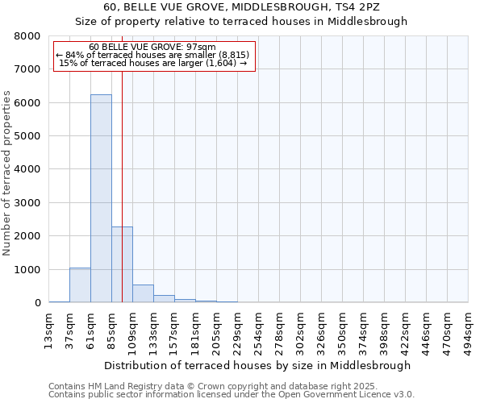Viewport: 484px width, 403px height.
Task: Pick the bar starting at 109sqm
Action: pyautogui.click(x=143, y=293)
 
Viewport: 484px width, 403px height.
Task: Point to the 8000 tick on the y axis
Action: pyautogui.click(x=27, y=36)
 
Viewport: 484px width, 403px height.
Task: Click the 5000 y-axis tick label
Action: pyautogui.click(x=27, y=136)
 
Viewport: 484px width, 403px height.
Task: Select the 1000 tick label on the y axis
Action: pyautogui.click(x=27, y=269)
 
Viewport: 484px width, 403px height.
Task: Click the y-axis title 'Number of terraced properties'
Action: pyautogui.click(x=7, y=172)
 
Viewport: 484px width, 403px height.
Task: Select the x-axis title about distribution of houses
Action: pyautogui.click(x=258, y=365)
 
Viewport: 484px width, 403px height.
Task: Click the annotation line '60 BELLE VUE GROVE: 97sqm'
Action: pyautogui.click(x=152, y=47)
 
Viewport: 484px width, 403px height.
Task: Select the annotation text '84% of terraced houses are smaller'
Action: pyautogui.click(x=154, y=55)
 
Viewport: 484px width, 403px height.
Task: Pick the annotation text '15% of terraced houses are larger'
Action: pyautogui.click(x=154, y=63)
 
